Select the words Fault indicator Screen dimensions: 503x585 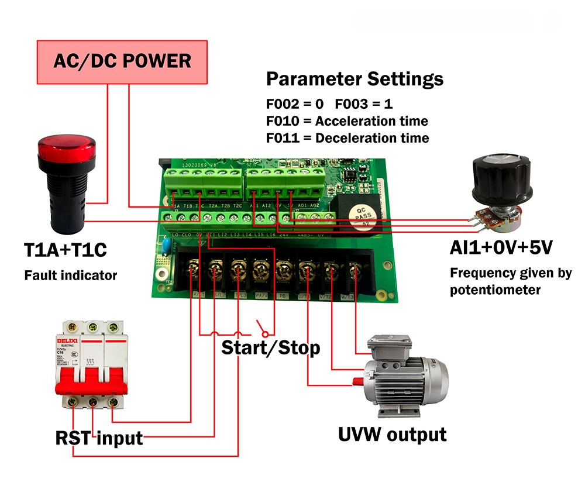(x=70, y=275)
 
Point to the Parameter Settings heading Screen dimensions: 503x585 (x=355, y=79)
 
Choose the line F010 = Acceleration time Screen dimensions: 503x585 (x=347, y=121)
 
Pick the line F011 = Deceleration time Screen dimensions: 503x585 (x=347, y=138)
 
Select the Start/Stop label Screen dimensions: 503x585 (x=270, y=348)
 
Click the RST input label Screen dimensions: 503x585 (x=99, y=437)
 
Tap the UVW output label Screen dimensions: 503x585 (x=392, y=435)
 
